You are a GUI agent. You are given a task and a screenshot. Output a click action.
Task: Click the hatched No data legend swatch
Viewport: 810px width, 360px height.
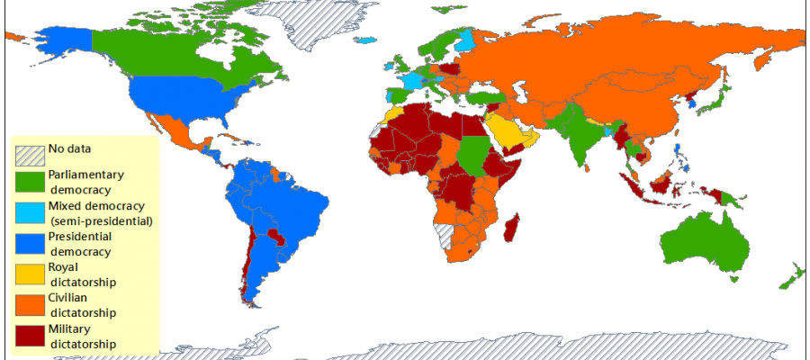point(30,153)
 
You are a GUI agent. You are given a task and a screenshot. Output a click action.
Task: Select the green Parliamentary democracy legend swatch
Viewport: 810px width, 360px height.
point(30,181)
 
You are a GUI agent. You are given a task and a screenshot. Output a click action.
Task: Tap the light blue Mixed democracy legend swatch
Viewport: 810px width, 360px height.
point(30,212)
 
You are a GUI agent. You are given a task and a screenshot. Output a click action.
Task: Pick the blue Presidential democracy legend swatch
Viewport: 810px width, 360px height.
point(30,244)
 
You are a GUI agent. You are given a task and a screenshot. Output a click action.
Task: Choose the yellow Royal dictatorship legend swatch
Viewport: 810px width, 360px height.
point(30,274)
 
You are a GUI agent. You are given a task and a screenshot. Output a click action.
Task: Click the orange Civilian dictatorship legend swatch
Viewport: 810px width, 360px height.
point(30,305)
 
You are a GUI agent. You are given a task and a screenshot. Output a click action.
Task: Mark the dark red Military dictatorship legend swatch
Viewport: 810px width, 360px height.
point(30,336)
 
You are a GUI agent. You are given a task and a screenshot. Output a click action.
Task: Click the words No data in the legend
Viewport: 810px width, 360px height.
point(69,148)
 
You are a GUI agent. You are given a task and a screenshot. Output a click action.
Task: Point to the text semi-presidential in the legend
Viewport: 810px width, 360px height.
point(101,220)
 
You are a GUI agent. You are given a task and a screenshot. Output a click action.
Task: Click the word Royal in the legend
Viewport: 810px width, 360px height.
point(64,267)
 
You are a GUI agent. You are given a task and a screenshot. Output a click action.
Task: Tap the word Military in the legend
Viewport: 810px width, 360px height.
point(69,328)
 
